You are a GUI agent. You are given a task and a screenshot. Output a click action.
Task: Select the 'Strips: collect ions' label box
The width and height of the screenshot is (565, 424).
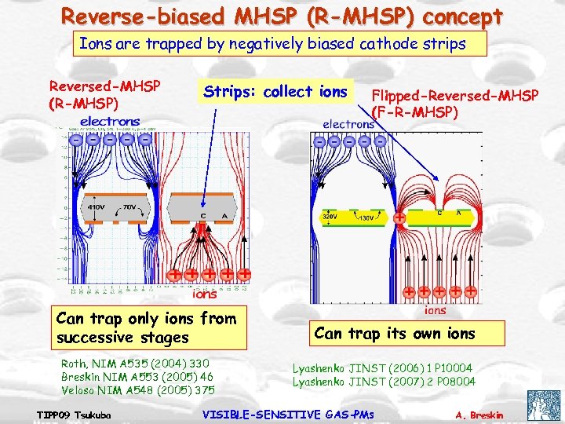click(275, 92)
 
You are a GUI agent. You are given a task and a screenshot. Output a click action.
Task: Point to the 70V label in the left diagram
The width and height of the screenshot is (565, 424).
click(129, 207)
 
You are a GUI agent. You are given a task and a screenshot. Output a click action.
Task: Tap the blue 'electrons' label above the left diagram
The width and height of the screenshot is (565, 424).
click(110, 122)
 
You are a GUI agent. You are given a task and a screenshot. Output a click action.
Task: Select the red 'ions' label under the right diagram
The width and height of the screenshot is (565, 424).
click(435, 309)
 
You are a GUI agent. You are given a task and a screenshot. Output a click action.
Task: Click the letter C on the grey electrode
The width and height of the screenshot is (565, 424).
click(203, 216)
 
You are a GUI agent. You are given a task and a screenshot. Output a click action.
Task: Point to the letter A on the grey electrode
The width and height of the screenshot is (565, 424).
click(224, 216)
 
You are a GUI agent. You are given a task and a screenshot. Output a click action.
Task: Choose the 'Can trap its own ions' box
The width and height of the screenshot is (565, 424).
click(394, 333)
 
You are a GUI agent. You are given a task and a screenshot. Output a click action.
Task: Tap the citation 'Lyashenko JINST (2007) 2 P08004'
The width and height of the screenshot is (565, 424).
click(384, 382)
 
